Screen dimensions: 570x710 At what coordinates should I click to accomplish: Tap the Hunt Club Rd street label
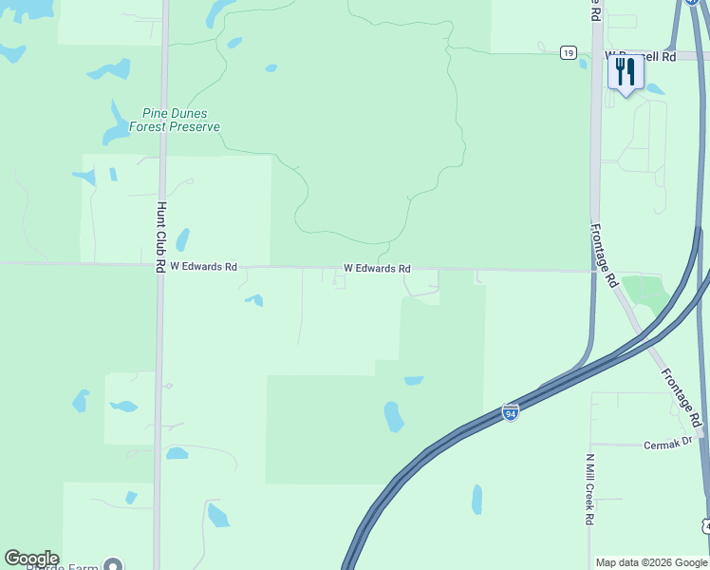click(x=161, y=238)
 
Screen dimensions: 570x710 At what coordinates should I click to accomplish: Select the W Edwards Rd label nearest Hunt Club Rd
click(x=203, y=267)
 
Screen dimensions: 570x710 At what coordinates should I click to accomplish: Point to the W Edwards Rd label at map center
click(x=377, y=269)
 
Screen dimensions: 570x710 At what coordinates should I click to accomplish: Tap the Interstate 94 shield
click(x=510, y=412)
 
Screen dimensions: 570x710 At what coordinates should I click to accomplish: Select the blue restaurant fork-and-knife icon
click(x=625, y=73)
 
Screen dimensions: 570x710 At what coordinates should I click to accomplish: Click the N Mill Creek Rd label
click(x=589, y=489)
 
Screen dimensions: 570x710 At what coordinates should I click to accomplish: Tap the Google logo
click(x=31, y=559)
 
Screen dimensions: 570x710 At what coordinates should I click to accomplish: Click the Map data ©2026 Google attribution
click(x=651, y=562)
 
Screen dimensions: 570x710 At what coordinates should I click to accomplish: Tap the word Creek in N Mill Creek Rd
click(x=589, y=494)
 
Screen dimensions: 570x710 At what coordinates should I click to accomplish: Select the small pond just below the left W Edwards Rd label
click(x=254, y=300)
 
